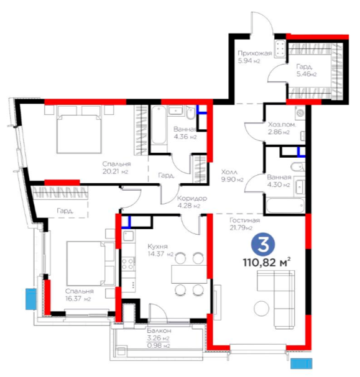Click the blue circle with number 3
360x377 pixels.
coord(263,245)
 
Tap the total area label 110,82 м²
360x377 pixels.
coord(267,262)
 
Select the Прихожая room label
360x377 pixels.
coord(254,53)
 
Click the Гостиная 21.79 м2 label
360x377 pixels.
coord(244,224)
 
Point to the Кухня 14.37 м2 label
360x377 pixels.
coord(160,250)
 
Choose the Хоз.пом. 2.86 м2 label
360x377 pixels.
coord(282,128)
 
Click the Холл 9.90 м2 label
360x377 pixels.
coord(232,176)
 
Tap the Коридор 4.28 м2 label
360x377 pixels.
coord(192,202)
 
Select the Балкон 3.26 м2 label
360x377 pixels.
coord(159,334)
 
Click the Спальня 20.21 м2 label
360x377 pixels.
coord(116,168)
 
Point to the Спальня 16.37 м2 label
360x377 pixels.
coord(79,295)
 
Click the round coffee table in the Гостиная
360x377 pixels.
coord(261,308)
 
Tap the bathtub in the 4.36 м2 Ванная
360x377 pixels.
coord(159,125)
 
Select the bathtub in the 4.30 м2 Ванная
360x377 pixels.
coord(285,206)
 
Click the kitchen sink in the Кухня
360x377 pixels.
coord(128,235)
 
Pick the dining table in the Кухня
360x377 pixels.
coord(189,275)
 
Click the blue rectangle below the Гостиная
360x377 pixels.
coord(302,363)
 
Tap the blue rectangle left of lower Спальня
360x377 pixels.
coord(31,299)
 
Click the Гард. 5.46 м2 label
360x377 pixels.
coord(307,70)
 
